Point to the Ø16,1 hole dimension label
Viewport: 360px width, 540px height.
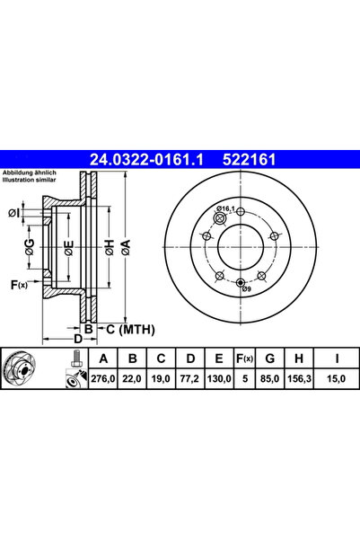point(228,209)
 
